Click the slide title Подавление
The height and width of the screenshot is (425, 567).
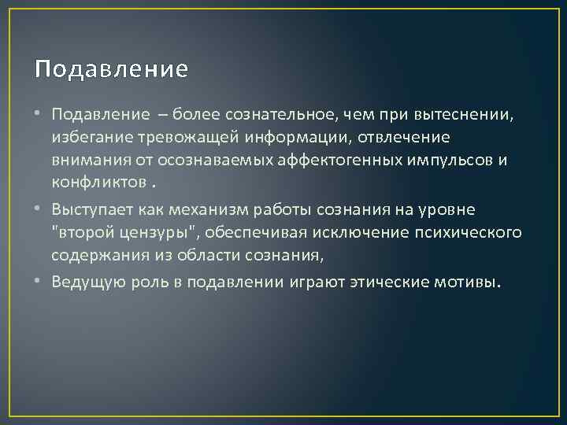[x=112, y=69]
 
